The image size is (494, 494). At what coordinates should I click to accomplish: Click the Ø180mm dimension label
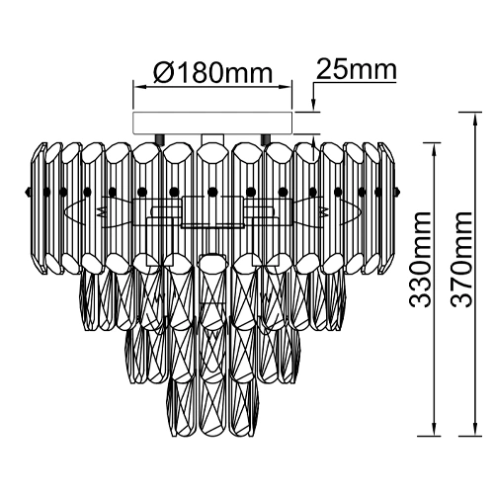tap(213, 72)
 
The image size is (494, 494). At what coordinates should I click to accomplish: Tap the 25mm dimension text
tap(356, 69)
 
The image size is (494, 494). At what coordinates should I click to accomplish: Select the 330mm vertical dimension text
tap(419, 260)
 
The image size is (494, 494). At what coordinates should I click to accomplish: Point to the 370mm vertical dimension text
tap(461, 260)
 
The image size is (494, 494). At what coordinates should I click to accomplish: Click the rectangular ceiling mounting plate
tap(212, 123)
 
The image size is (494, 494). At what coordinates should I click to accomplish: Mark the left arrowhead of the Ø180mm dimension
tap(140, 87)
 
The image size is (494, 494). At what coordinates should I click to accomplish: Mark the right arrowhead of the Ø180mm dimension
tap(286, 87)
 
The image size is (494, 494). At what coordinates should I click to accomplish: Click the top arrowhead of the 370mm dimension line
tap(475, 120)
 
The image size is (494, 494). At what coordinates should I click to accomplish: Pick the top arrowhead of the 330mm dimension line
tap(433, 149)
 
